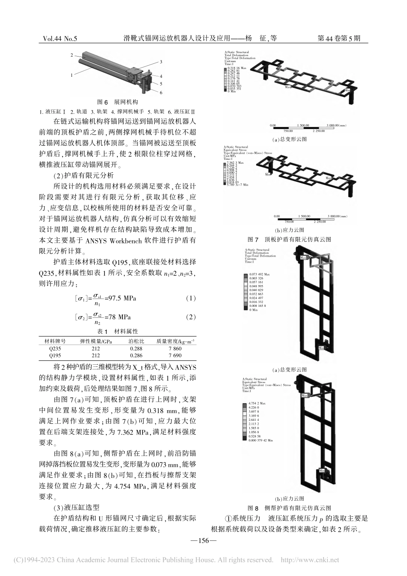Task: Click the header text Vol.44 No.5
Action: pos(60,39)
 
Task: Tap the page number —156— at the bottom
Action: pos(203,540)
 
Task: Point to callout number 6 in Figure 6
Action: pos(161,92)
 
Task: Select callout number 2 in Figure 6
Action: pos(72,55)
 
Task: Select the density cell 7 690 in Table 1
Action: pos(175,355)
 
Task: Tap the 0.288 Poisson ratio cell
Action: pos(136,348)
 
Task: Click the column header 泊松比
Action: pos(136,341)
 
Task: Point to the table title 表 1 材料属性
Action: pos(118,332)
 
